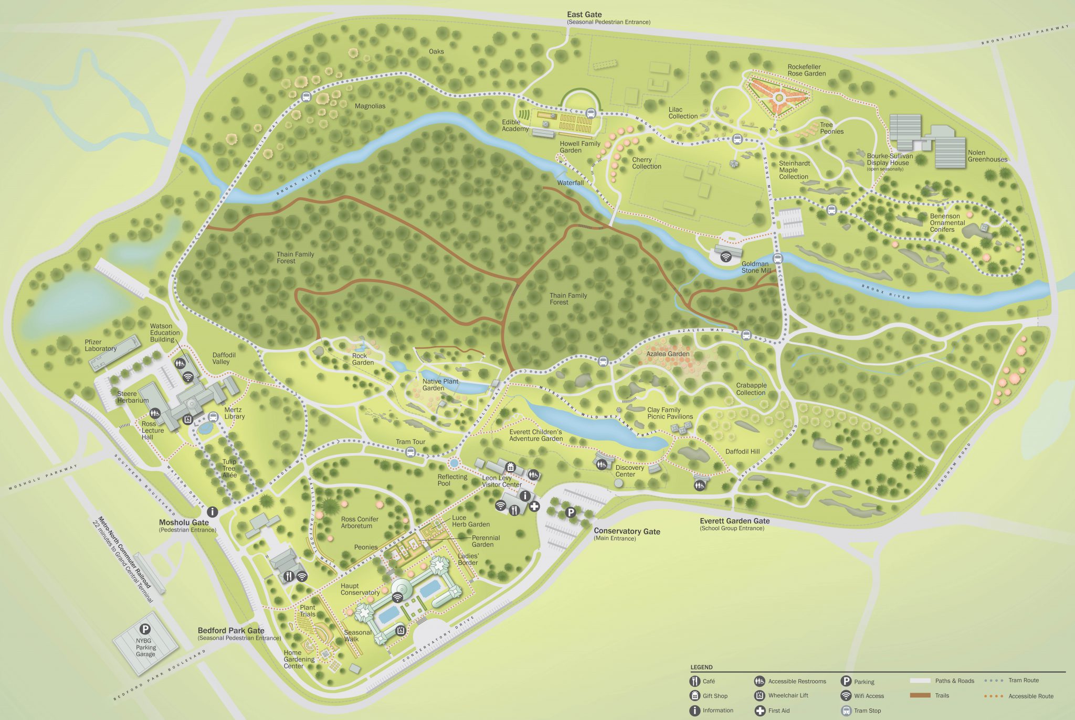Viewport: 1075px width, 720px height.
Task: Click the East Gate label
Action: point(584,15)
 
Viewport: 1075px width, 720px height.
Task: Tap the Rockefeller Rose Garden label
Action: point(806,70)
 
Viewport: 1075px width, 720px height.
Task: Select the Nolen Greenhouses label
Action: point(987,156)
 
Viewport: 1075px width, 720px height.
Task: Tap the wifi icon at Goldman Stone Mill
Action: point(726,256)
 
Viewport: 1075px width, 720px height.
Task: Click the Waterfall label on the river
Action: point(570,183)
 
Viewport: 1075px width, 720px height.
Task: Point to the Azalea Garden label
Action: point(668,354)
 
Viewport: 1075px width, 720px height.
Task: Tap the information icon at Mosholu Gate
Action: point(212,511)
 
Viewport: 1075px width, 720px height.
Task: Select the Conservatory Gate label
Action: point(627,531)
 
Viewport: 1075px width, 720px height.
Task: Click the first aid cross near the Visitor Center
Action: point(534,507)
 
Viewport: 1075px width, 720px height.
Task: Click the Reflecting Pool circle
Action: point(454,464)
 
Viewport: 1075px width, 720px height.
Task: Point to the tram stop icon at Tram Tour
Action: point(410,452)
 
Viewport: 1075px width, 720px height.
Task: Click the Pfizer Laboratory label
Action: point(101,345)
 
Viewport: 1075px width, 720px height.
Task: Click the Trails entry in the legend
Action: point(934,695)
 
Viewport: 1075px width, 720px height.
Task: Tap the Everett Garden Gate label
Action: point(734,521)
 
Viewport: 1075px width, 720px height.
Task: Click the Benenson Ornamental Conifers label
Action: point(947,223)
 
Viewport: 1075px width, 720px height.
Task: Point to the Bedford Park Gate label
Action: point(231,630)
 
